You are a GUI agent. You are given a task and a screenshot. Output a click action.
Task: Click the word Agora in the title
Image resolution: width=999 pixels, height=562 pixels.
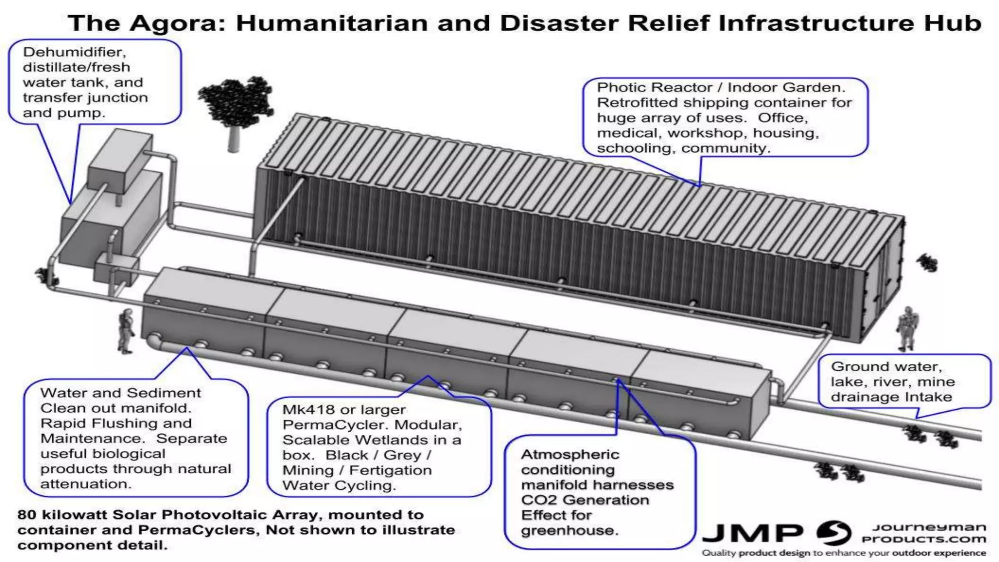point(177,23)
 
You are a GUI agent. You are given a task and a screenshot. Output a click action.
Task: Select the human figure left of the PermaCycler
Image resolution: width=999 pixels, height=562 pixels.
point(126,330)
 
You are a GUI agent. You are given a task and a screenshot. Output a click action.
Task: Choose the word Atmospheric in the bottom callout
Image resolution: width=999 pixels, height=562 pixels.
point(570,455)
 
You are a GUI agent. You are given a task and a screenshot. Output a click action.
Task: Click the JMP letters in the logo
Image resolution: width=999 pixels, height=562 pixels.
point(752,534)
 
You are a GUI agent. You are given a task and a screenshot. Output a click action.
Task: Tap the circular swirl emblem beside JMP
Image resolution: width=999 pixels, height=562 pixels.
point(834,533)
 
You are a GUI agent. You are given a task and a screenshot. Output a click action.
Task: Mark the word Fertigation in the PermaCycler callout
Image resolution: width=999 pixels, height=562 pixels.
point(390,470)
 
